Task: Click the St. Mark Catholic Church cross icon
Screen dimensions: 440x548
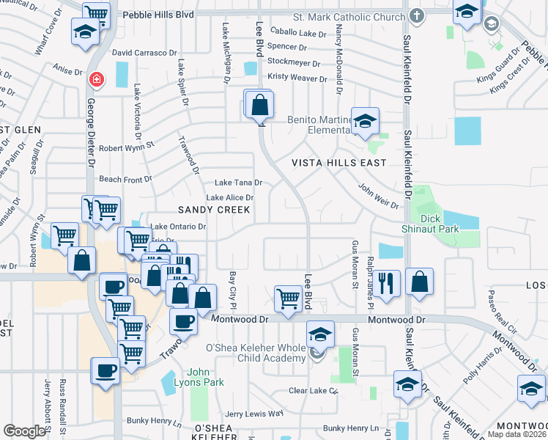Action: point(416,16)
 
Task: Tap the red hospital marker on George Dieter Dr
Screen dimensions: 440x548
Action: point(95,78)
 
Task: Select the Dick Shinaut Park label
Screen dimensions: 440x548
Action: point(440,224)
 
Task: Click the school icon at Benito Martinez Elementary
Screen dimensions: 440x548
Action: point(364,121)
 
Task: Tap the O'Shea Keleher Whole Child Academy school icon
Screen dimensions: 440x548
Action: point(319,335)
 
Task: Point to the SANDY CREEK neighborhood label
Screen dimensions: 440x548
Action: point(214,210)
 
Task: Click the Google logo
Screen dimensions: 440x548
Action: point(24,431)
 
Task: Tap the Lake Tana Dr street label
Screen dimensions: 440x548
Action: point(237,183)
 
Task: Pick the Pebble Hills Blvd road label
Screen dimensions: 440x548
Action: point(158,14)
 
